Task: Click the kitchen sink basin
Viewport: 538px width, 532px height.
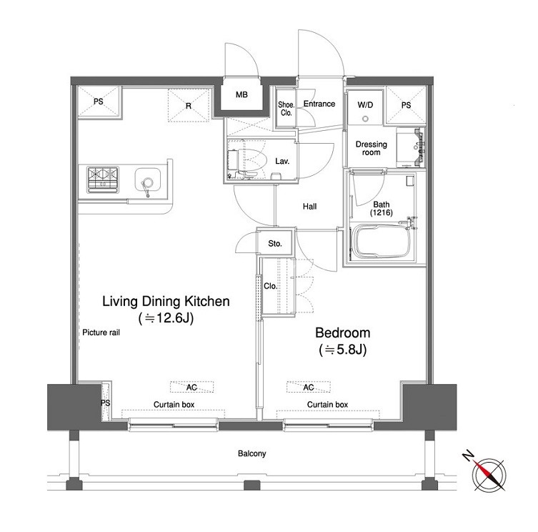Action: tap(147, 182)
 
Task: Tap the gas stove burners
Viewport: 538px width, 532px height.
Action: tap(103, 179)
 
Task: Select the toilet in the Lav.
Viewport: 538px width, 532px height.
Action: tap(246, 162)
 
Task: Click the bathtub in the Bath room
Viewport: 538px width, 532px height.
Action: tap(381, 241)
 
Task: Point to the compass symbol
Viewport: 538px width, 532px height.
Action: tap(488, 474)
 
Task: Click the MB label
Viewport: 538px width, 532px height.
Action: tap(241, 94)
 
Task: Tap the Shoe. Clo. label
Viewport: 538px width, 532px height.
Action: tap(287, 109)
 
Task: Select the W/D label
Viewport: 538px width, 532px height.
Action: tap(365, 104)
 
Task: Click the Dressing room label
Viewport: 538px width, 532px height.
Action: tap(372, 148)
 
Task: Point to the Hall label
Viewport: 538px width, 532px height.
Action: tap(310, 207)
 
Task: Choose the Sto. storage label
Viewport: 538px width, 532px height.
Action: tap(275, 244)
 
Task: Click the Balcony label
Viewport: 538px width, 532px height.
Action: tap(251, 453)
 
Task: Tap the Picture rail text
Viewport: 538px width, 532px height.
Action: tap(101, 332)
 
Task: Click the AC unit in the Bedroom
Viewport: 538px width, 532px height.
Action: tap(309, 387)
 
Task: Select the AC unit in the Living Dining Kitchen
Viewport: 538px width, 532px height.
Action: tap(191, 387)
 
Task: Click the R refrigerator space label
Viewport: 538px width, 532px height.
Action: tap(189, 106)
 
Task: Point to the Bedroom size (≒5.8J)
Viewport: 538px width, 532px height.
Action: tap(343, 350)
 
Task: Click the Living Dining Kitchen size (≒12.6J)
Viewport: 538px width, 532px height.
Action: tap(166, 318)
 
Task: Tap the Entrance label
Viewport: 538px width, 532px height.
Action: tap(319, 104)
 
